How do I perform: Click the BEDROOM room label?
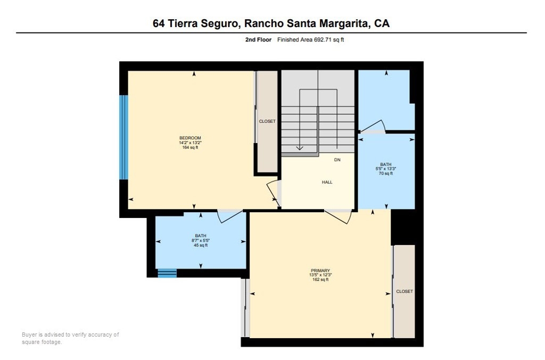pos(190,138)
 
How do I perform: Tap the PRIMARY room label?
pos(320,271)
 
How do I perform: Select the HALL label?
pos(327,182)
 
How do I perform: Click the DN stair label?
pos(337,160)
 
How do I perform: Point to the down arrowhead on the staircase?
pos(300,148)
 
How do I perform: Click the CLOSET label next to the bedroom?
pos(267,121)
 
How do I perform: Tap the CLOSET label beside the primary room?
pos(404,291)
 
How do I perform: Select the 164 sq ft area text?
pos(190,147)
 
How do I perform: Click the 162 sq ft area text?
pos(320,280)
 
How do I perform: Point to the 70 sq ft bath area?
pos(385,173)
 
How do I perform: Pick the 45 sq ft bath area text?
pos(201,245)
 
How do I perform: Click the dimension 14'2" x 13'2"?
pos(190,143)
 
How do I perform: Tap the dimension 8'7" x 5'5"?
pos(201,240)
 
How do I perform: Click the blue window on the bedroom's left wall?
pos(123,137)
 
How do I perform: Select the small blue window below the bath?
pos(167,273)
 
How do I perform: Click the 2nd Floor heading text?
pos(258,39)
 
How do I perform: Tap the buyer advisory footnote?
pos(70,338)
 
